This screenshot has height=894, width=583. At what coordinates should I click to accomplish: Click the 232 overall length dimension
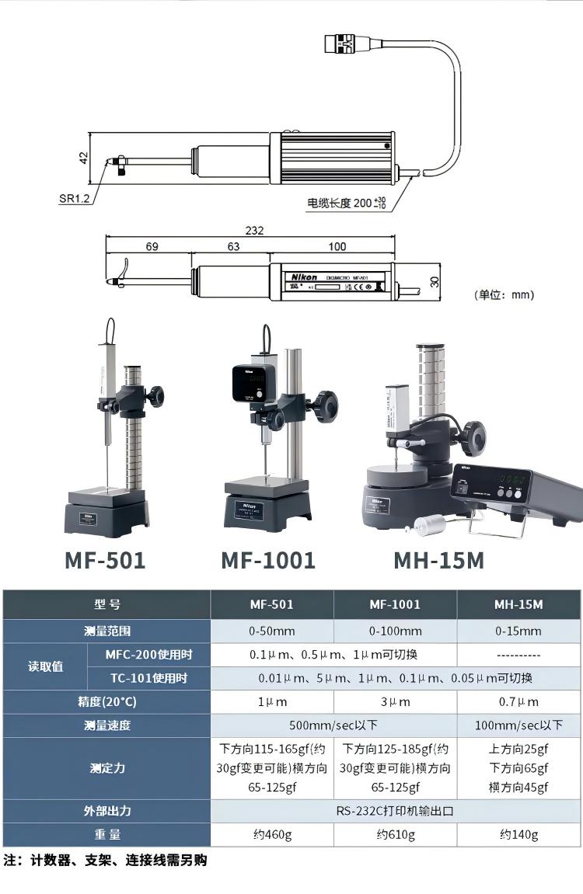(254, 231)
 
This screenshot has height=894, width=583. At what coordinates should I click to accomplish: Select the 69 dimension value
(152, 247)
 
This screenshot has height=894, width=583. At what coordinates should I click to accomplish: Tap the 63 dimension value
(232, 247)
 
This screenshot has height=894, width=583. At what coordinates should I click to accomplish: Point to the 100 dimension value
(337, 247)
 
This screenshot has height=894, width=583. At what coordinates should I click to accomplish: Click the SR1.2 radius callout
(75, 198)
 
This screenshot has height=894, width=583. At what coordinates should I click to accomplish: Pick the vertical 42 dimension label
(83, 158)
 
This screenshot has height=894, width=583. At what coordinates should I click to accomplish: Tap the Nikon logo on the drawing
(302, 277)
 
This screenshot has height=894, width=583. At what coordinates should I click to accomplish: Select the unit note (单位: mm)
(504, 295)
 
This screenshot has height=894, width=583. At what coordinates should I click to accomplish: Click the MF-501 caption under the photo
(105, 560)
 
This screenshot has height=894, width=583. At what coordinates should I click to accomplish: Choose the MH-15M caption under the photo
(438, 560)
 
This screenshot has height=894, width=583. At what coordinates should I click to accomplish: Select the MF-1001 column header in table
(395, 604)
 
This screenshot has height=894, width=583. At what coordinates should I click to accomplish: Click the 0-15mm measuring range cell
(518, 631)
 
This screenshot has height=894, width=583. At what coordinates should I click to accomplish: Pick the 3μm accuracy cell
(395, 701)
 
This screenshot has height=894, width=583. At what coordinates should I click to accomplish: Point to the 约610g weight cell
(395, 835)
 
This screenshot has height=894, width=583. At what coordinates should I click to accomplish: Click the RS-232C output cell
(395, 810)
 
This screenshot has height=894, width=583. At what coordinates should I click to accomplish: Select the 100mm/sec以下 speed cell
(518, 725)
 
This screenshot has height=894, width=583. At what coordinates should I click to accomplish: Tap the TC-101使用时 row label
(148, 678)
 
